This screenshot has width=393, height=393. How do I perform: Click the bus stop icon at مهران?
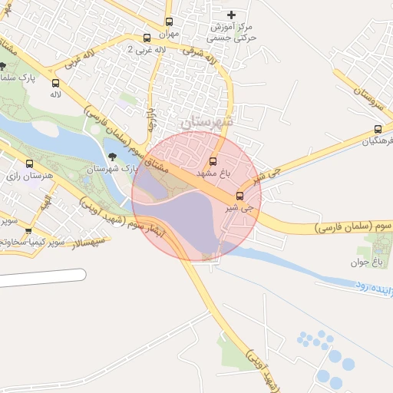(170, 21)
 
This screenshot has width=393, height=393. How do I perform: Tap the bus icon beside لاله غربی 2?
(147, 38)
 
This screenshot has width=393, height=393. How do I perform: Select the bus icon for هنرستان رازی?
(30, 163)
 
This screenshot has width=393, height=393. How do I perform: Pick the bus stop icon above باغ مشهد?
(213, 161)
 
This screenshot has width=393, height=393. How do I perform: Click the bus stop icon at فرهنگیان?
(377, 129)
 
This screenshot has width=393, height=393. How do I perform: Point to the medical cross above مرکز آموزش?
(233, 15)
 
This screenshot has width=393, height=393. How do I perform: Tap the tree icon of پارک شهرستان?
(113, 157)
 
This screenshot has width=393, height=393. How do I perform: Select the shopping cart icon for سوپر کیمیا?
(28, 230)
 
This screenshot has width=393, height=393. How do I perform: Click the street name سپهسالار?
(91, 244)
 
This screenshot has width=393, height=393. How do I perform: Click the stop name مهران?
(169, 34)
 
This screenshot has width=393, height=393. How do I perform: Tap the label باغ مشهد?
(214, 174)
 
